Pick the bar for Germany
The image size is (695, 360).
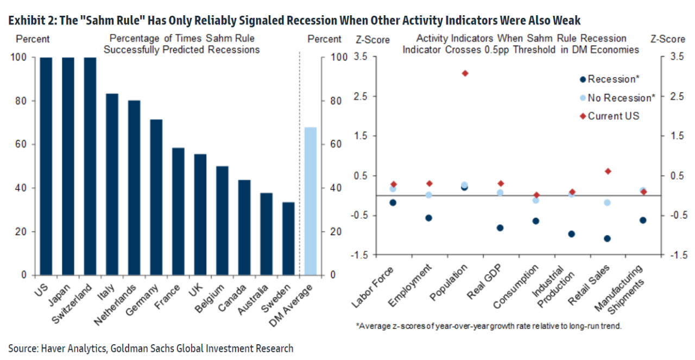pos(156,197)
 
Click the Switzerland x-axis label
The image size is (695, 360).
pos(73,302)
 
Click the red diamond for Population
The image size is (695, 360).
pos(465,73)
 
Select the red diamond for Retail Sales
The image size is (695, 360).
pos(608,171)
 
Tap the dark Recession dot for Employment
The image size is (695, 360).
pos(429,218)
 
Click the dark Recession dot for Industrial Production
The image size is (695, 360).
pos(572,234)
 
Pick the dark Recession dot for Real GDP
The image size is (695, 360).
pos(500,228)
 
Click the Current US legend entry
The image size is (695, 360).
pos(612,116)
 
